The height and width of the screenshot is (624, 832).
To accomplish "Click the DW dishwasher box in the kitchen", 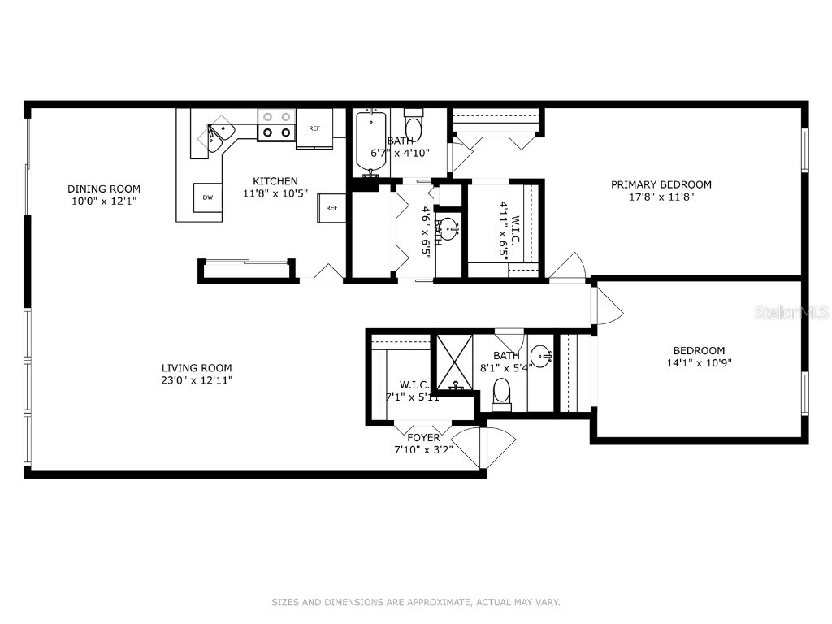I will pyautogui.click(x=208, y=197).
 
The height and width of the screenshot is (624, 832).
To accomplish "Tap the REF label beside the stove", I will pyautogui.click(x=314, y=128).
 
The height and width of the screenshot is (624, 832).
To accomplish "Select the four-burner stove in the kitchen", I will pyautogui.click(x=276, y=124).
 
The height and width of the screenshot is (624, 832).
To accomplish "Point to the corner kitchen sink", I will pyautogui.click(x=217, y=136).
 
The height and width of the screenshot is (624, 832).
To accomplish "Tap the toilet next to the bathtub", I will pyautogui.click(x=414, y=127).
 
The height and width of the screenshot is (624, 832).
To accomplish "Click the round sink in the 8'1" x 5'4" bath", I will pyautogui.click(x=541, y=355).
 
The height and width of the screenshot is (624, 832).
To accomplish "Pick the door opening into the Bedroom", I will pyautogui.click(x=606, y=307).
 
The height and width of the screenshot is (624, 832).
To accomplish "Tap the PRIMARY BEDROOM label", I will pyautogui.click(x=661, y=184).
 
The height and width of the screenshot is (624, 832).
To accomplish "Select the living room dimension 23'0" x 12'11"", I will pyautogui.click(x=197, y=380).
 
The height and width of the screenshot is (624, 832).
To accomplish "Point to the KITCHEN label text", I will pyautogui.click(x=275, y=181).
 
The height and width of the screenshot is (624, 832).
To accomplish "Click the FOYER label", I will pyautogui.click(x=423, y=438).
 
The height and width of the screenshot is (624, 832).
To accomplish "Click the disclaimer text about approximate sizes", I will pyautogui.click(x=416, y=602).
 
